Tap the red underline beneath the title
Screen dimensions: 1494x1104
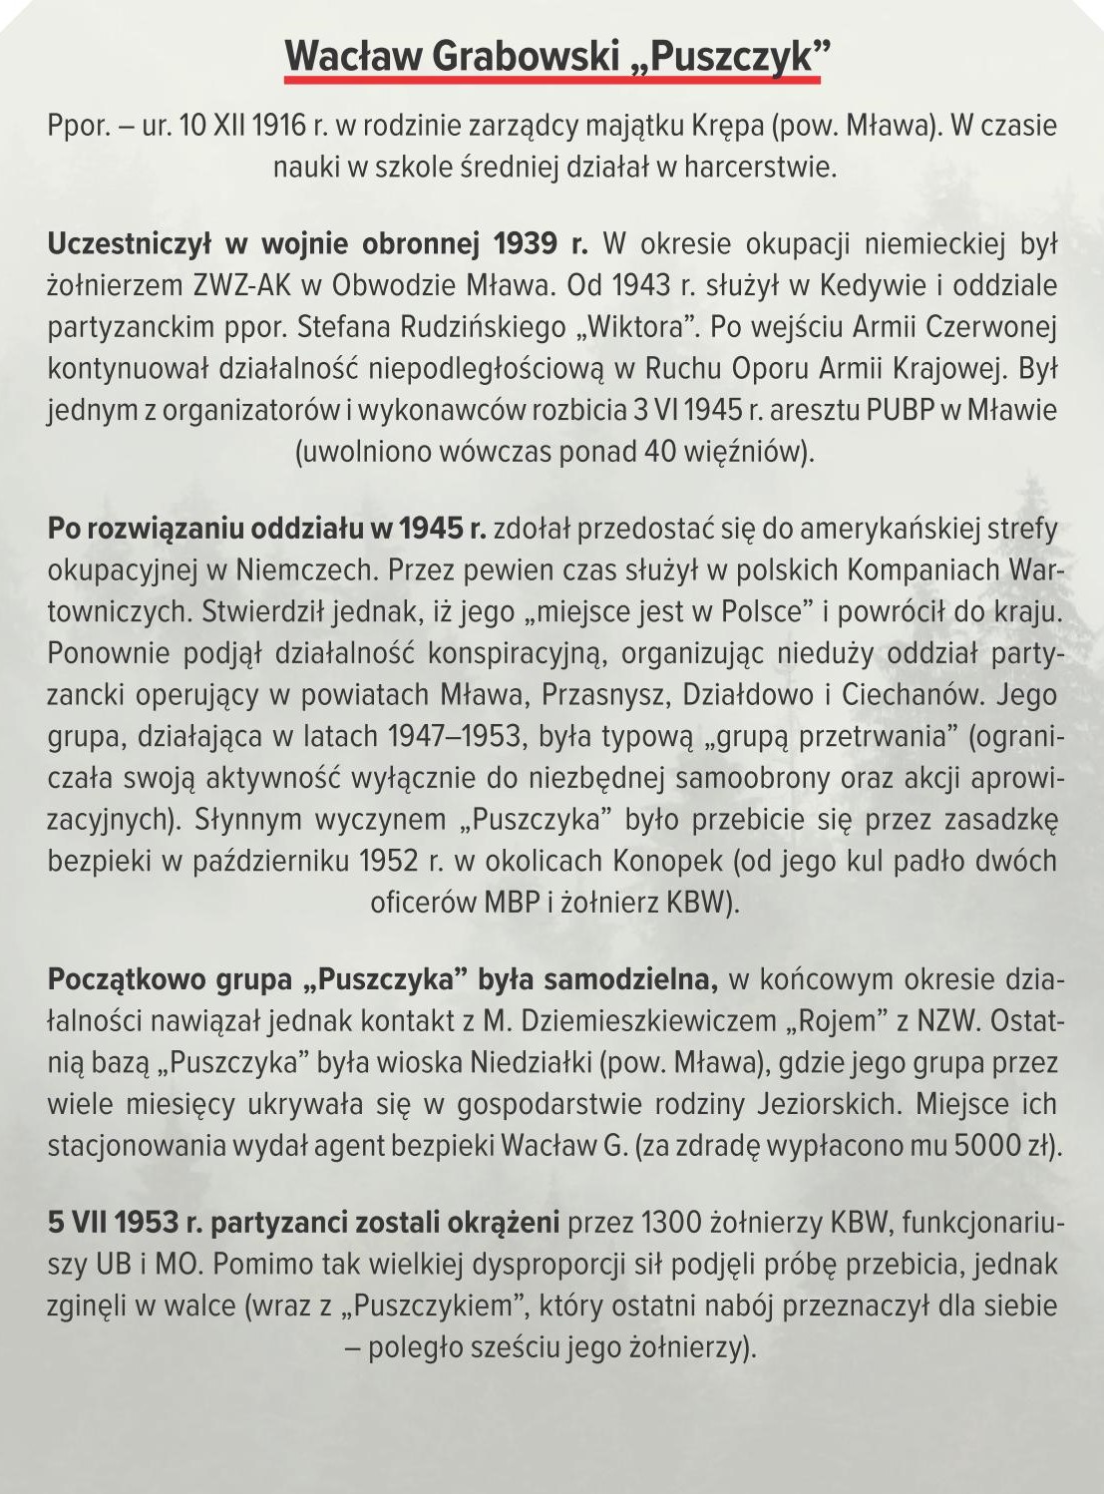click(552, 77)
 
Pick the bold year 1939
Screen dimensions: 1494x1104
click(525, 243)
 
